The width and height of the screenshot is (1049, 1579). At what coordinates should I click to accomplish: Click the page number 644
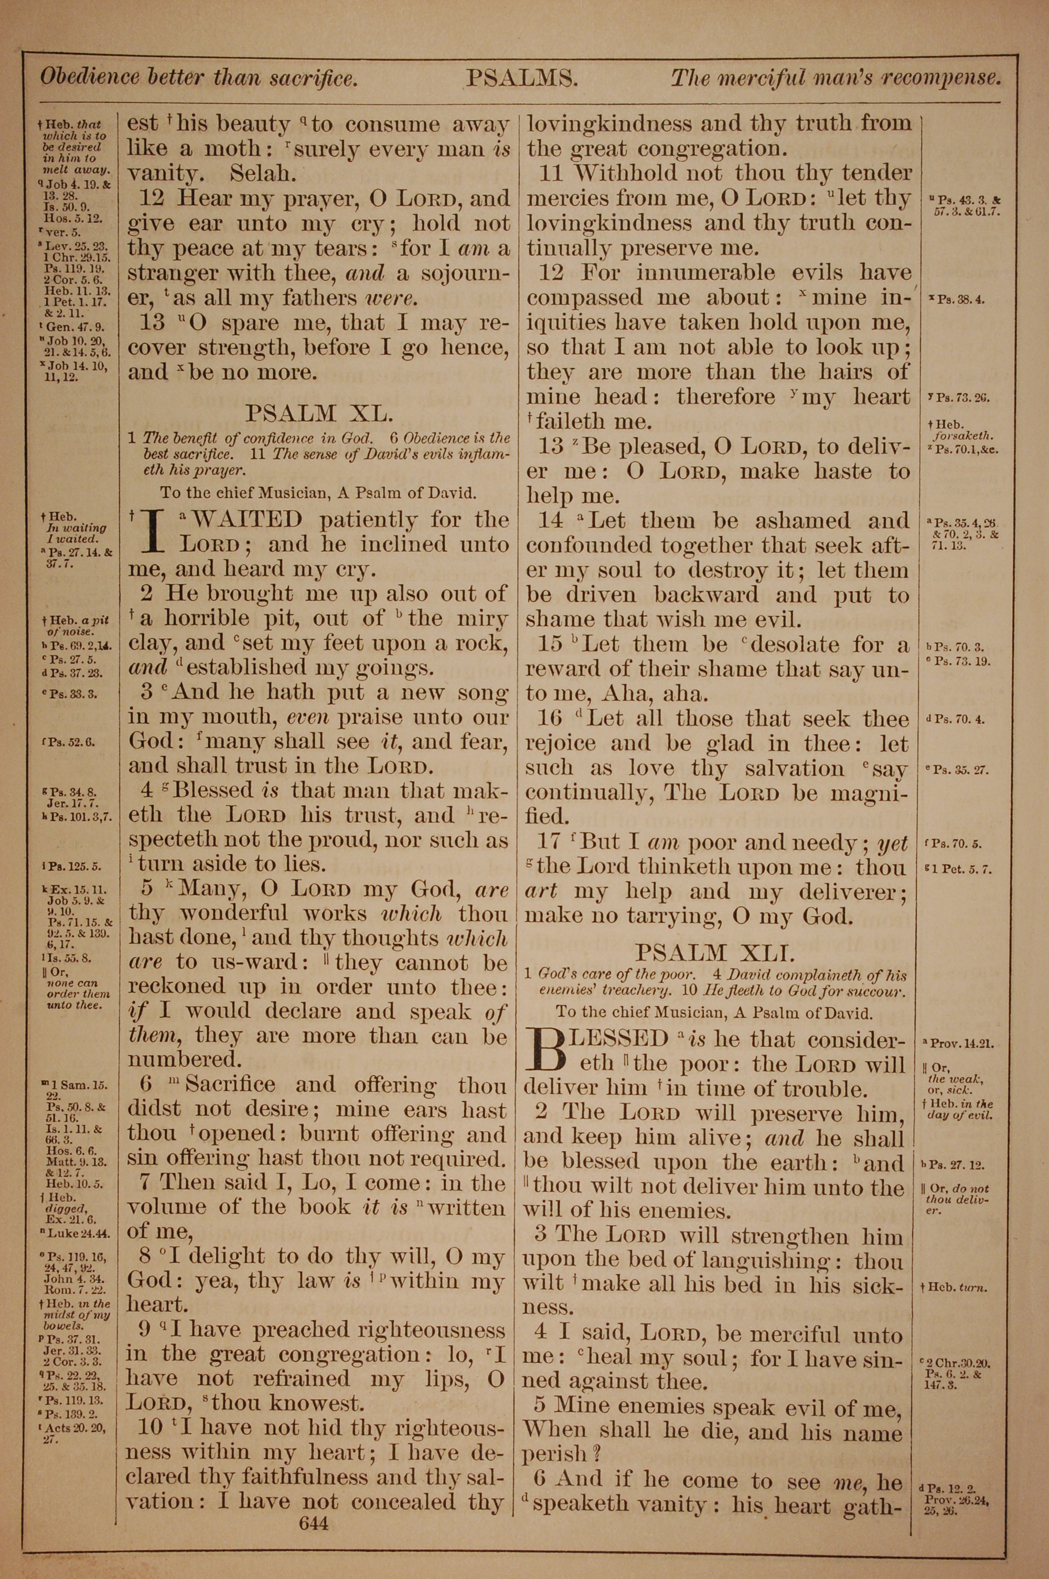(x=314, y=1504)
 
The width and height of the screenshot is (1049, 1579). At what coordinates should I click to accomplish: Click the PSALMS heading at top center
(x=522, y=79)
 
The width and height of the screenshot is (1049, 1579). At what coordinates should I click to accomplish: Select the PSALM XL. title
(x=317, y=413)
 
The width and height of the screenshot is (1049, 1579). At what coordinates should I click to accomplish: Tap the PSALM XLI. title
(x=714, y=951)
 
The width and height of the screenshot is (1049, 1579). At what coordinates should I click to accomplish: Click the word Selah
(x=262, y=173)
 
